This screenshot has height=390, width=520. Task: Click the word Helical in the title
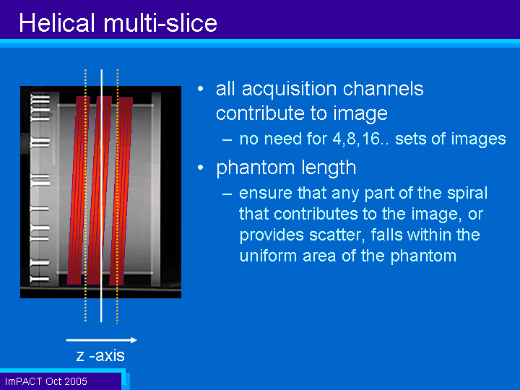pyautogui.click(x=56, y=22)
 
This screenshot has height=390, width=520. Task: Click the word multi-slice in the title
pyautogui.click(x=160, y=22)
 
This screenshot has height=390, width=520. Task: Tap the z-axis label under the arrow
pyautogui.click(x=100, y=355)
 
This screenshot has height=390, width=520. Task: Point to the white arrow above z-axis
pyautogui.click(x=102, y=340)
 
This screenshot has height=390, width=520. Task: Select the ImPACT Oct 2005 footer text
pyautogui.click(x=45, y=381)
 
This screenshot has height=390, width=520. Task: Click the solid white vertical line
pyautogui.click(x=102, y=196)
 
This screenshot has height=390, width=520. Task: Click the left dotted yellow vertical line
pyautogui.click(x=85, y=196)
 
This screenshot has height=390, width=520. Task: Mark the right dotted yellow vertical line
pyautogui.click(x=118, y=196)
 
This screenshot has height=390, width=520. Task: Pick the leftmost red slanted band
pyautogui.click(x=79, y=191)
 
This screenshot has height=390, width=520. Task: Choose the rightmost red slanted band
pyautogui.click(x=121, y=191)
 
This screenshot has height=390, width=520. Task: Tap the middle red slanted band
pyautogui.click(x=99, y=191)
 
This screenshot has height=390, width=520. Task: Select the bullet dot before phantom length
pyautogui.click(x=200, y=168)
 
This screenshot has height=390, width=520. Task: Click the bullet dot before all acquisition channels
pyautogui.click(x=200, y=89)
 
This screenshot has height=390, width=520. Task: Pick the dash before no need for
pyautogui.click(x=227, y=139)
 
